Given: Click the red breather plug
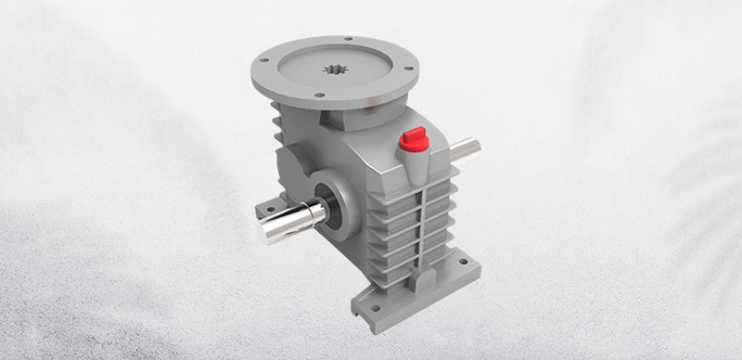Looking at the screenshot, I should pos(409,141).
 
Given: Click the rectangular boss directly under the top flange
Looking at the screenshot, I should pos(341,121).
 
